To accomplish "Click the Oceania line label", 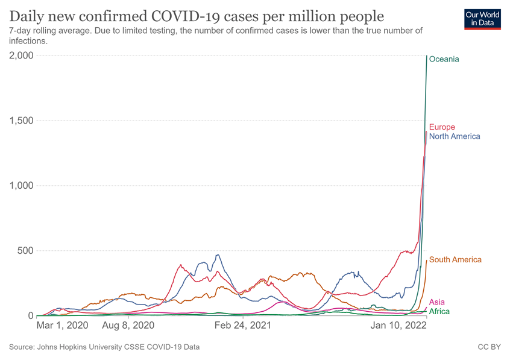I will point(444,59).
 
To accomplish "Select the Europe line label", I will point(442,127).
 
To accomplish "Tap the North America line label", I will point(455,136).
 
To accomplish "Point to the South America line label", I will point(455,260).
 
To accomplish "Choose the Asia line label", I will point(437,302).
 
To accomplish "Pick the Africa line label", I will point(439,311).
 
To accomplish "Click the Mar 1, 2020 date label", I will point(63,325).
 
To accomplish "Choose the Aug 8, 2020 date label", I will point(128,325).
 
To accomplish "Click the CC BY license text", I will point(489,347).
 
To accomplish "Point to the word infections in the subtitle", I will point(28,42).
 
